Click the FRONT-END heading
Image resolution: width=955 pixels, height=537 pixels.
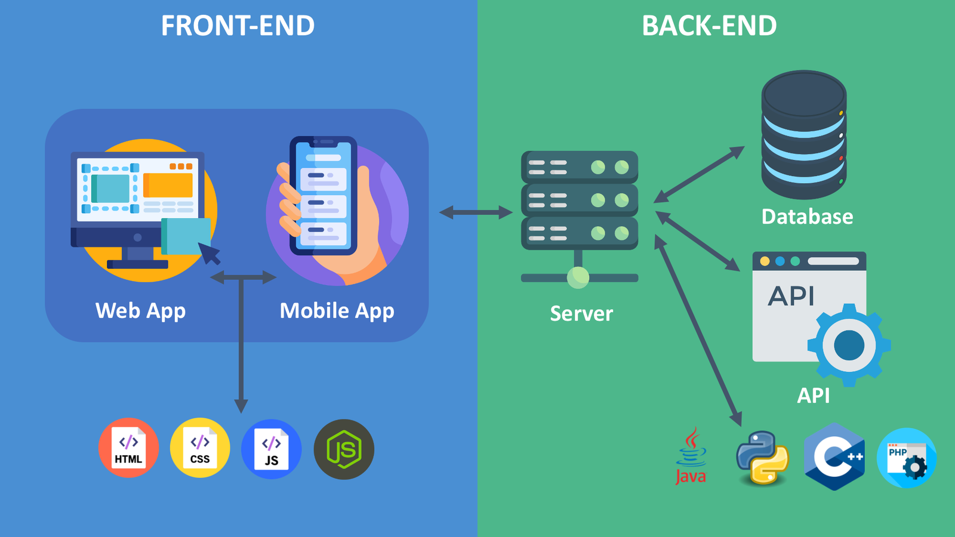pyautogui.click(x=238, y=26)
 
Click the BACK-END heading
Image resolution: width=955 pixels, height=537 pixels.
pyautogui.click(x=709, y=26)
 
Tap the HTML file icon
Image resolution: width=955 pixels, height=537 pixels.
pyautogui.click(x=129, y=448)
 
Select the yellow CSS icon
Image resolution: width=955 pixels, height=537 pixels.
pyautogui.click(x=200, y=448)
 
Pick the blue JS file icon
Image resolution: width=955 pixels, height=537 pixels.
pyautogui.click(x=272, y=449)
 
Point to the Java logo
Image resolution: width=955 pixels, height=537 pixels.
pyautogui.click(x=691, y=456)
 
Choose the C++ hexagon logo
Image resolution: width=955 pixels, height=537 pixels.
pyautogui.click(x=834, y=457)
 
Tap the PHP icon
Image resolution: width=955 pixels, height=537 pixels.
pyautogui.click(x=906, y=458)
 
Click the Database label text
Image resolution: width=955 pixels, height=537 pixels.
pyautogui.click(x=807, y=217)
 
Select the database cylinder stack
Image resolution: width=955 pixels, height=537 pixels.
pyautogui.click(x=803, y=134)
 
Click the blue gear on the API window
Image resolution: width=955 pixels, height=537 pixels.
pyautogui.click(x=849, y=345)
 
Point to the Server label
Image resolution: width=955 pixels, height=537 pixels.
pyautogui.click(x=581, y=314)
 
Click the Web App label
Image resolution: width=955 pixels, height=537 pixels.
pyautogui.click(x=141, y=311)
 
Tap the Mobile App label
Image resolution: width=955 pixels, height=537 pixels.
pyautogui.click(x=337, y=311)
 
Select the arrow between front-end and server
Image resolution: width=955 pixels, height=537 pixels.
pyautogui.click(x=476, y=212)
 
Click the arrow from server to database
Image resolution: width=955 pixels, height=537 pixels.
pyautogui.click(x=699, y=174)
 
